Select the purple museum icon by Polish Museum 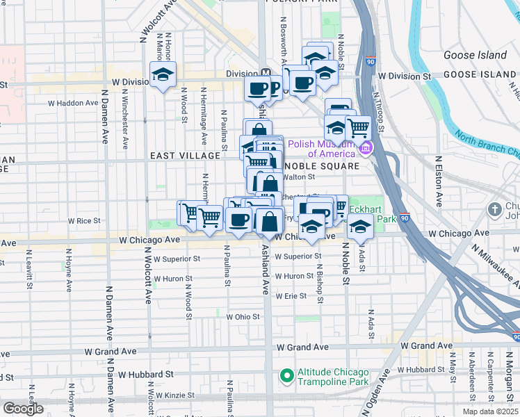pyautogui.click(x=364, y=147)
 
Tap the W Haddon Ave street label pyautogui.click(x=73, y=103)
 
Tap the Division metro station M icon pyautogui.click(x=266, y=72)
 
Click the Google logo pyautogui.click(x=23, y=408)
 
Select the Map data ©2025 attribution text pyautogui.click(x=489, y=411)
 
